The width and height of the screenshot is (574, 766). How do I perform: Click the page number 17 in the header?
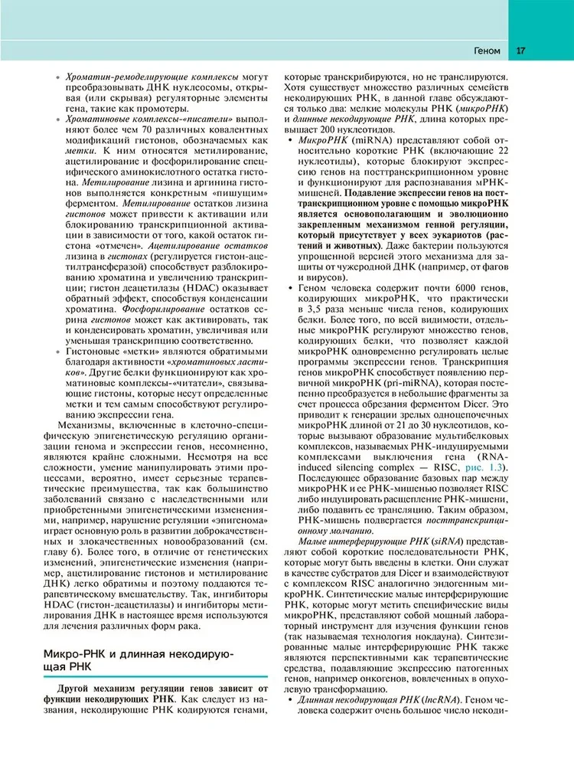click(x=520, y=52)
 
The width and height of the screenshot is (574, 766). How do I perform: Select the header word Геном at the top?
click(x=487, y=52)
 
